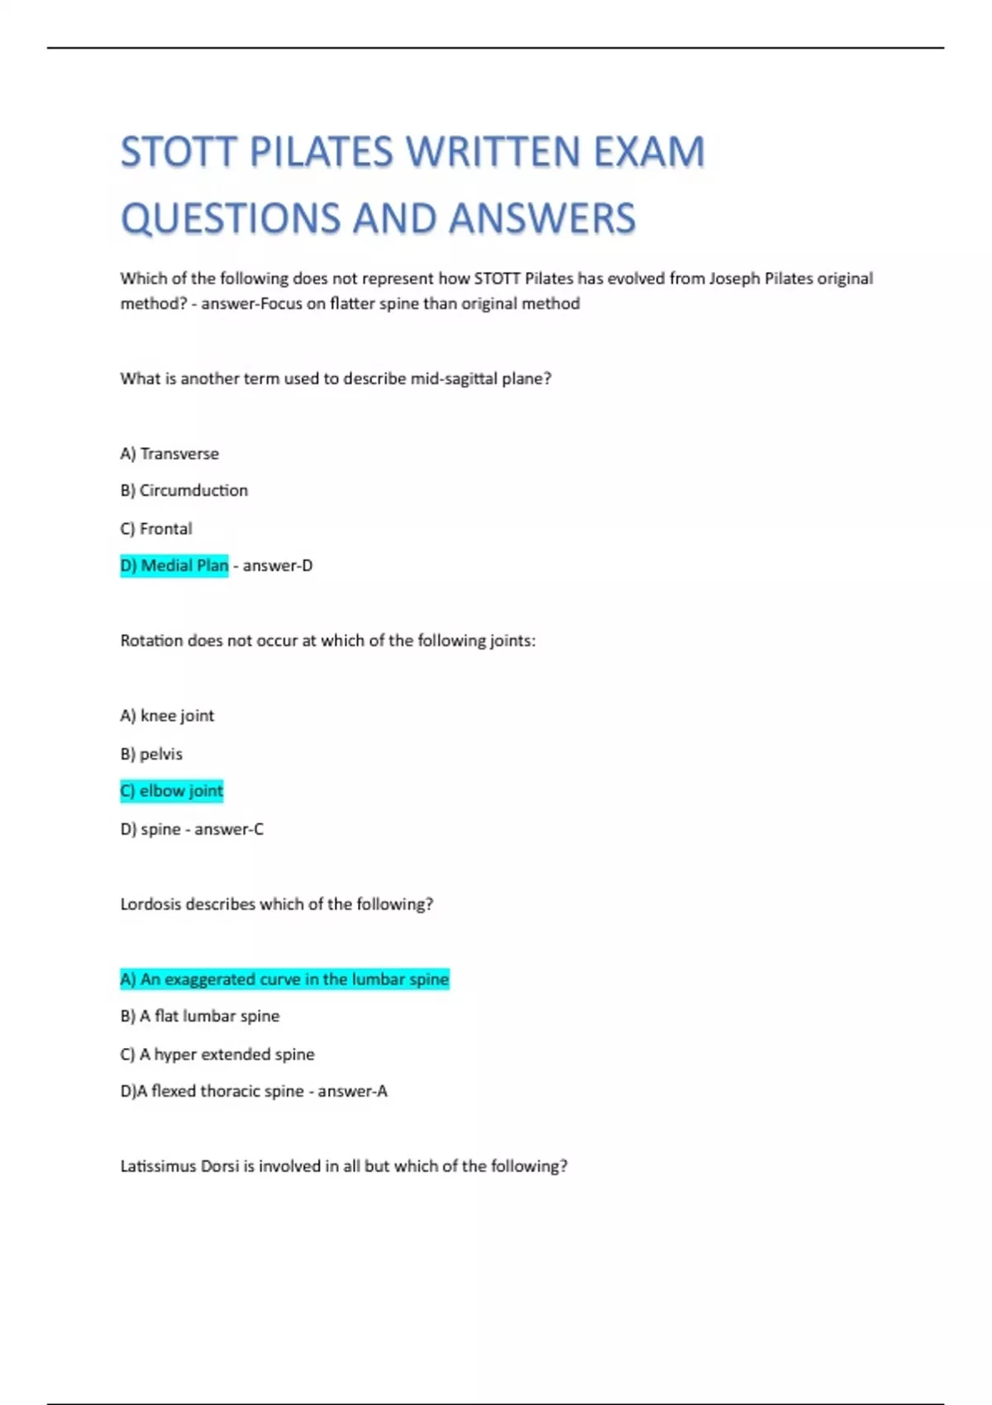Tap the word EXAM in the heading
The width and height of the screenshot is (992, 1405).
click(649, 153)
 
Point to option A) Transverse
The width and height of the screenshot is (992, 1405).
click(169, 454)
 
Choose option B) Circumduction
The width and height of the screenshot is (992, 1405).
click(184, 491)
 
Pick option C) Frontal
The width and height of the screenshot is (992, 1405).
click(156, 529)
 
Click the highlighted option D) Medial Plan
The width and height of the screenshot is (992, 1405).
click(174, 566)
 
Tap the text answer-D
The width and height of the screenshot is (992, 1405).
click(278, 566)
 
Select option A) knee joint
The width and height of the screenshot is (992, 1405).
click(167, 716)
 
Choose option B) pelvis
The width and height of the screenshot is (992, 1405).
click(151, 754)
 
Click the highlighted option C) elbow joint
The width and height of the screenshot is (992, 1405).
click(172, 791)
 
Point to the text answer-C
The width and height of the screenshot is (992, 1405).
click(229, 829)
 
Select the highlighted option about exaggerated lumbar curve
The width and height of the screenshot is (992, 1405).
click(284, 979)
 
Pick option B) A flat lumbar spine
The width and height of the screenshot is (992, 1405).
click(200, 1017)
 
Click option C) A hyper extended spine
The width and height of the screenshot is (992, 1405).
click(217, 1055)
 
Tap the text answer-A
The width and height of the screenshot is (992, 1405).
click(352, 1092)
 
